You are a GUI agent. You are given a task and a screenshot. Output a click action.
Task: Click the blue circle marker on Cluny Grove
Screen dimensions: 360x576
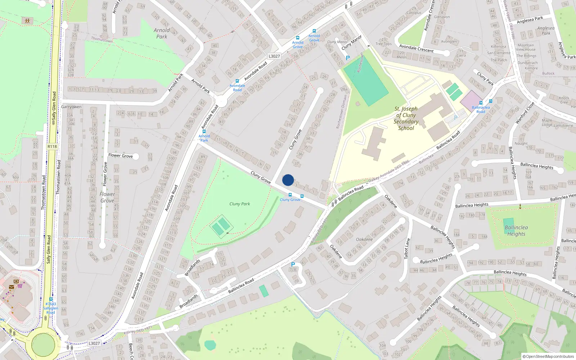click(288, 180)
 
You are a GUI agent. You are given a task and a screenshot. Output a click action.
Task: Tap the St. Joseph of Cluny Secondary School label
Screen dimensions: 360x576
click(406, 118)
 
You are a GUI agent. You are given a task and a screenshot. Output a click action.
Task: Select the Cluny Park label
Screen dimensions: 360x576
click(240, 204)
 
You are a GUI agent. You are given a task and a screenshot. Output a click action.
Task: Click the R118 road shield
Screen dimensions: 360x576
click(52, 147)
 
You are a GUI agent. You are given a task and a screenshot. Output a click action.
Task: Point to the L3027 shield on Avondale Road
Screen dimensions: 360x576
click(274, 56)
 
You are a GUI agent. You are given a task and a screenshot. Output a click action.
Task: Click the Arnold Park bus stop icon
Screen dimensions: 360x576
click(204, 131)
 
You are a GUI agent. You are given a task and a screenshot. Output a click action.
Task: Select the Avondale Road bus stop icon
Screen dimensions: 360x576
click(237, 81)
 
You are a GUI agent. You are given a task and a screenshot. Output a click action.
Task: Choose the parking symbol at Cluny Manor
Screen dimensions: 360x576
click(348, 58)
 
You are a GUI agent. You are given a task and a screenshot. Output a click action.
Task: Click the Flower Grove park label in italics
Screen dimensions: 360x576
click(107, 197)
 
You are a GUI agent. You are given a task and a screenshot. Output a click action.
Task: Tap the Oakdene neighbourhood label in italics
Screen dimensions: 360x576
click(364, 239)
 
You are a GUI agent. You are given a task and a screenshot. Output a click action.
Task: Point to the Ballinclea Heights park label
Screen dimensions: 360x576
click(516, 230)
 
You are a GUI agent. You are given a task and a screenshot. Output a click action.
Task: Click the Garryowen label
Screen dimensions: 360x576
click(71, 107)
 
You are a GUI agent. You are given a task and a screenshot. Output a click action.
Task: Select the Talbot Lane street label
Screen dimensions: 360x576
click(407, 248)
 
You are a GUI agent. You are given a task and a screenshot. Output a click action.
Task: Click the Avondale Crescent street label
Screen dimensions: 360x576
click(417, 48)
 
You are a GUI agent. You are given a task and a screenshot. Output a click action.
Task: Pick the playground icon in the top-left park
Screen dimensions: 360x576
click(27, 21)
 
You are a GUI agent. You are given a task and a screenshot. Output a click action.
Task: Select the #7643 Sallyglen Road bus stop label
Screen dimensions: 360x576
click(51, 308)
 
